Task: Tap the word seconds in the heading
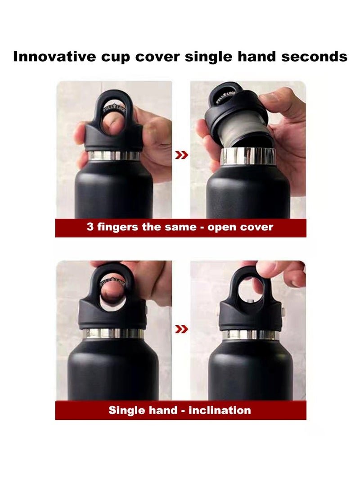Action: click(314, 57)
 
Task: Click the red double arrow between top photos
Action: click(181, 155)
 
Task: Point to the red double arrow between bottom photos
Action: click(181, 329)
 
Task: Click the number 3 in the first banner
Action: click(90, 227)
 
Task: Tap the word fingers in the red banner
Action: click(117, 227)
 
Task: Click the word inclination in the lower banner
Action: click(220, 410)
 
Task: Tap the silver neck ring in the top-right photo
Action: click(248, 156)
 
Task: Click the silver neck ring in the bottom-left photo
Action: click(114, 333)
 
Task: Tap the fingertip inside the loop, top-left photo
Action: click(113, 124)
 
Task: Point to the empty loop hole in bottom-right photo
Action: click(251, 289)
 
